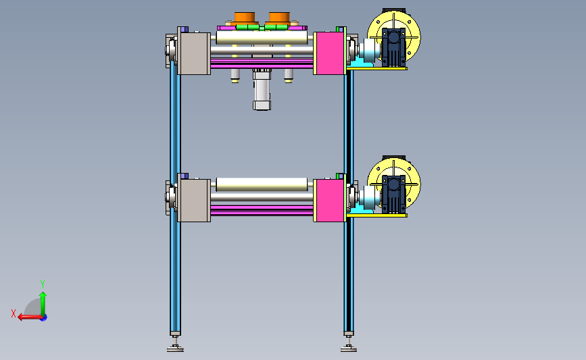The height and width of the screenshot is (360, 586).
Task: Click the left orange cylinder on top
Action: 245,18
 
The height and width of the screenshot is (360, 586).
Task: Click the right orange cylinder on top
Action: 279,18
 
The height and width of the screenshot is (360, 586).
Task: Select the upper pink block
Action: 329,53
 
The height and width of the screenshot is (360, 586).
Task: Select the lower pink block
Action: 329,200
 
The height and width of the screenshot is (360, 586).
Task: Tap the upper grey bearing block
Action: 194,53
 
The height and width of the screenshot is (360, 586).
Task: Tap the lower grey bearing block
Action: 194,201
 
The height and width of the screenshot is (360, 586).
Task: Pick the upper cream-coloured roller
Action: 262,38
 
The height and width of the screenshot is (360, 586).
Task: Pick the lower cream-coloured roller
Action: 262,185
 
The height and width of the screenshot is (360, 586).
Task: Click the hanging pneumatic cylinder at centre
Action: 262,90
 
